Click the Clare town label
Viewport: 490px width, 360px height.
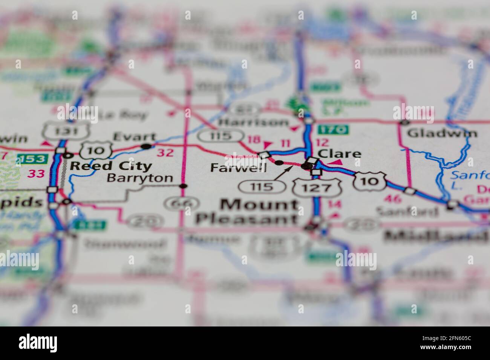point(340,154)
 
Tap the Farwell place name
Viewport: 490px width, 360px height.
point(238,168)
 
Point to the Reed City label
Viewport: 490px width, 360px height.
point(111,166)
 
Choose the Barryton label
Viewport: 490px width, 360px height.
point(140,178)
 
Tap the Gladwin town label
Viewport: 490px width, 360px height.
point(442,133)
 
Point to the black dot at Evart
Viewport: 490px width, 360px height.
point(146,146)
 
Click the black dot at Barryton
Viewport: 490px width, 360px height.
point(183,186)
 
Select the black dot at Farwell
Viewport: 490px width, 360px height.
point(279,163)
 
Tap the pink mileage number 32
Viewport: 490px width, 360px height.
point(165,153)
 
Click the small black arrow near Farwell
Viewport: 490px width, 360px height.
point(287,172)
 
